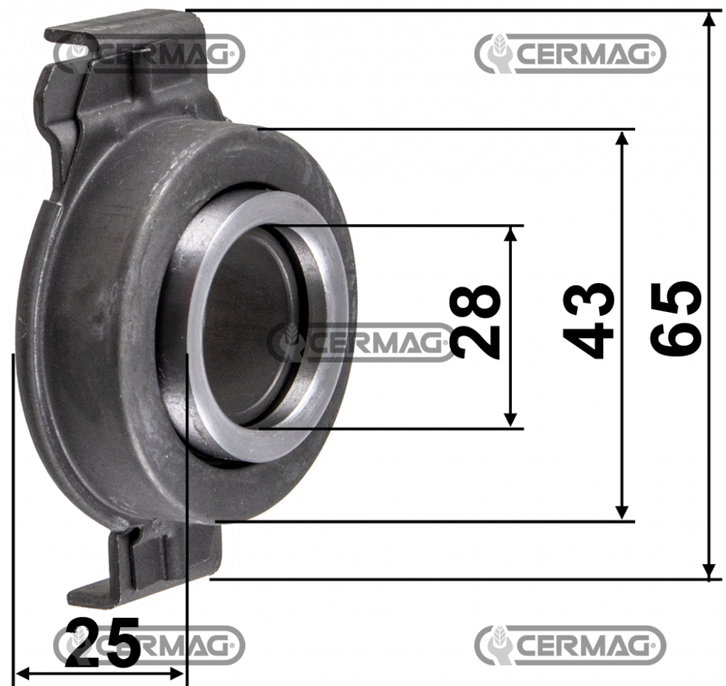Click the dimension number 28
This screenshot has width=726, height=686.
pyautogui.click(x=475, y=321)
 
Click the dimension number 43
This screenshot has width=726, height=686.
pyautogui.click(x=588, y=321)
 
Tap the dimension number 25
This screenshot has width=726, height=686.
pyautogui.click(x=103, y=641)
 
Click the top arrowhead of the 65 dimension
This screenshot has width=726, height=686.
pyautogui.click(x=709, y=21)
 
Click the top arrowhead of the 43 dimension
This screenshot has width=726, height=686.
pyautogui.click(x=622, y=139)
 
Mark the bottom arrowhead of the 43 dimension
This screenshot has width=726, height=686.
pyautogui.click(x=622, y=511)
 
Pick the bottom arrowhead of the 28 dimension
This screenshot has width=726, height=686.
pyautogui.click(x=511, y=419)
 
